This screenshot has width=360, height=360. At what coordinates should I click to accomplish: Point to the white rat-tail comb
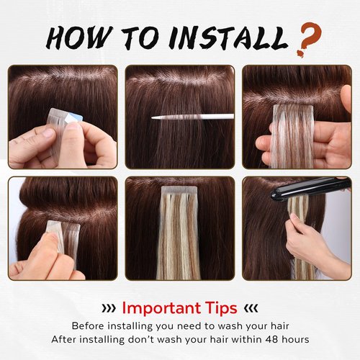(193, 116)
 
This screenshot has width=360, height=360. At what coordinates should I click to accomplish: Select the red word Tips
(221, 308)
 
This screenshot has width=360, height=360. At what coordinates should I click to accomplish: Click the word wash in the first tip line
(233, 325)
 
